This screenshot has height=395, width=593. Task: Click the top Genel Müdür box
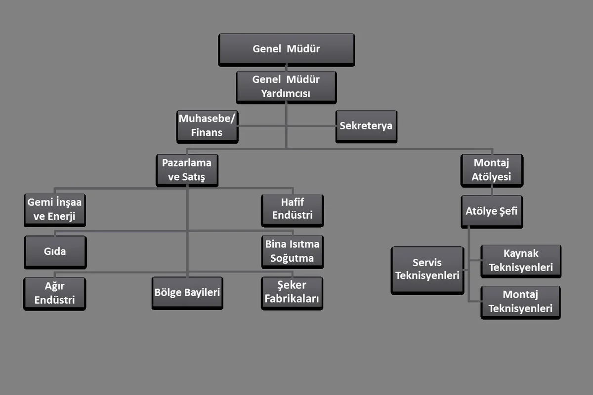coord(287,50)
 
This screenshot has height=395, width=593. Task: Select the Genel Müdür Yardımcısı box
coord(286,87)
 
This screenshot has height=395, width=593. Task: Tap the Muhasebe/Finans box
coord(207,126)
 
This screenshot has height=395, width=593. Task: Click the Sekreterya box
coord(366,126)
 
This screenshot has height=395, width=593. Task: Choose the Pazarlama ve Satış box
coord(187,170)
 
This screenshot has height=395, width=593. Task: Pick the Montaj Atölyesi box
coord(492,171)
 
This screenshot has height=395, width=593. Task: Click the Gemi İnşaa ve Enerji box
coord(54,210)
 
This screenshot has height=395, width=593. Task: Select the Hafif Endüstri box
coord(292,210)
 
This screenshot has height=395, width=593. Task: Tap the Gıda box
coord(55,252)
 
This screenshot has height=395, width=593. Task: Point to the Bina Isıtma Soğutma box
coord(292,252)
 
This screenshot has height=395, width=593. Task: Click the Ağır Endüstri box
coord(54,294)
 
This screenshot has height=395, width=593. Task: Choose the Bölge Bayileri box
coord(187,293)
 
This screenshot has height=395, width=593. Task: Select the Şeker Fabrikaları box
coord(292,293)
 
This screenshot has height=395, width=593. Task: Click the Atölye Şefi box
coord(492,212)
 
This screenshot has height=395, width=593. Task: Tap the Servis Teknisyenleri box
coord(427,271)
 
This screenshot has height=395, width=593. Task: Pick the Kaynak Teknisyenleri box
coord(521,261)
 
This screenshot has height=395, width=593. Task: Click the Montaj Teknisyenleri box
coord(520,302)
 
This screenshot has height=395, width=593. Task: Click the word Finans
coord(207,132)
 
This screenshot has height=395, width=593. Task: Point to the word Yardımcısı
coord(286,93)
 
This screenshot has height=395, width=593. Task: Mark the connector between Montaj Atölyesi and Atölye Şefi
coord(492,191)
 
